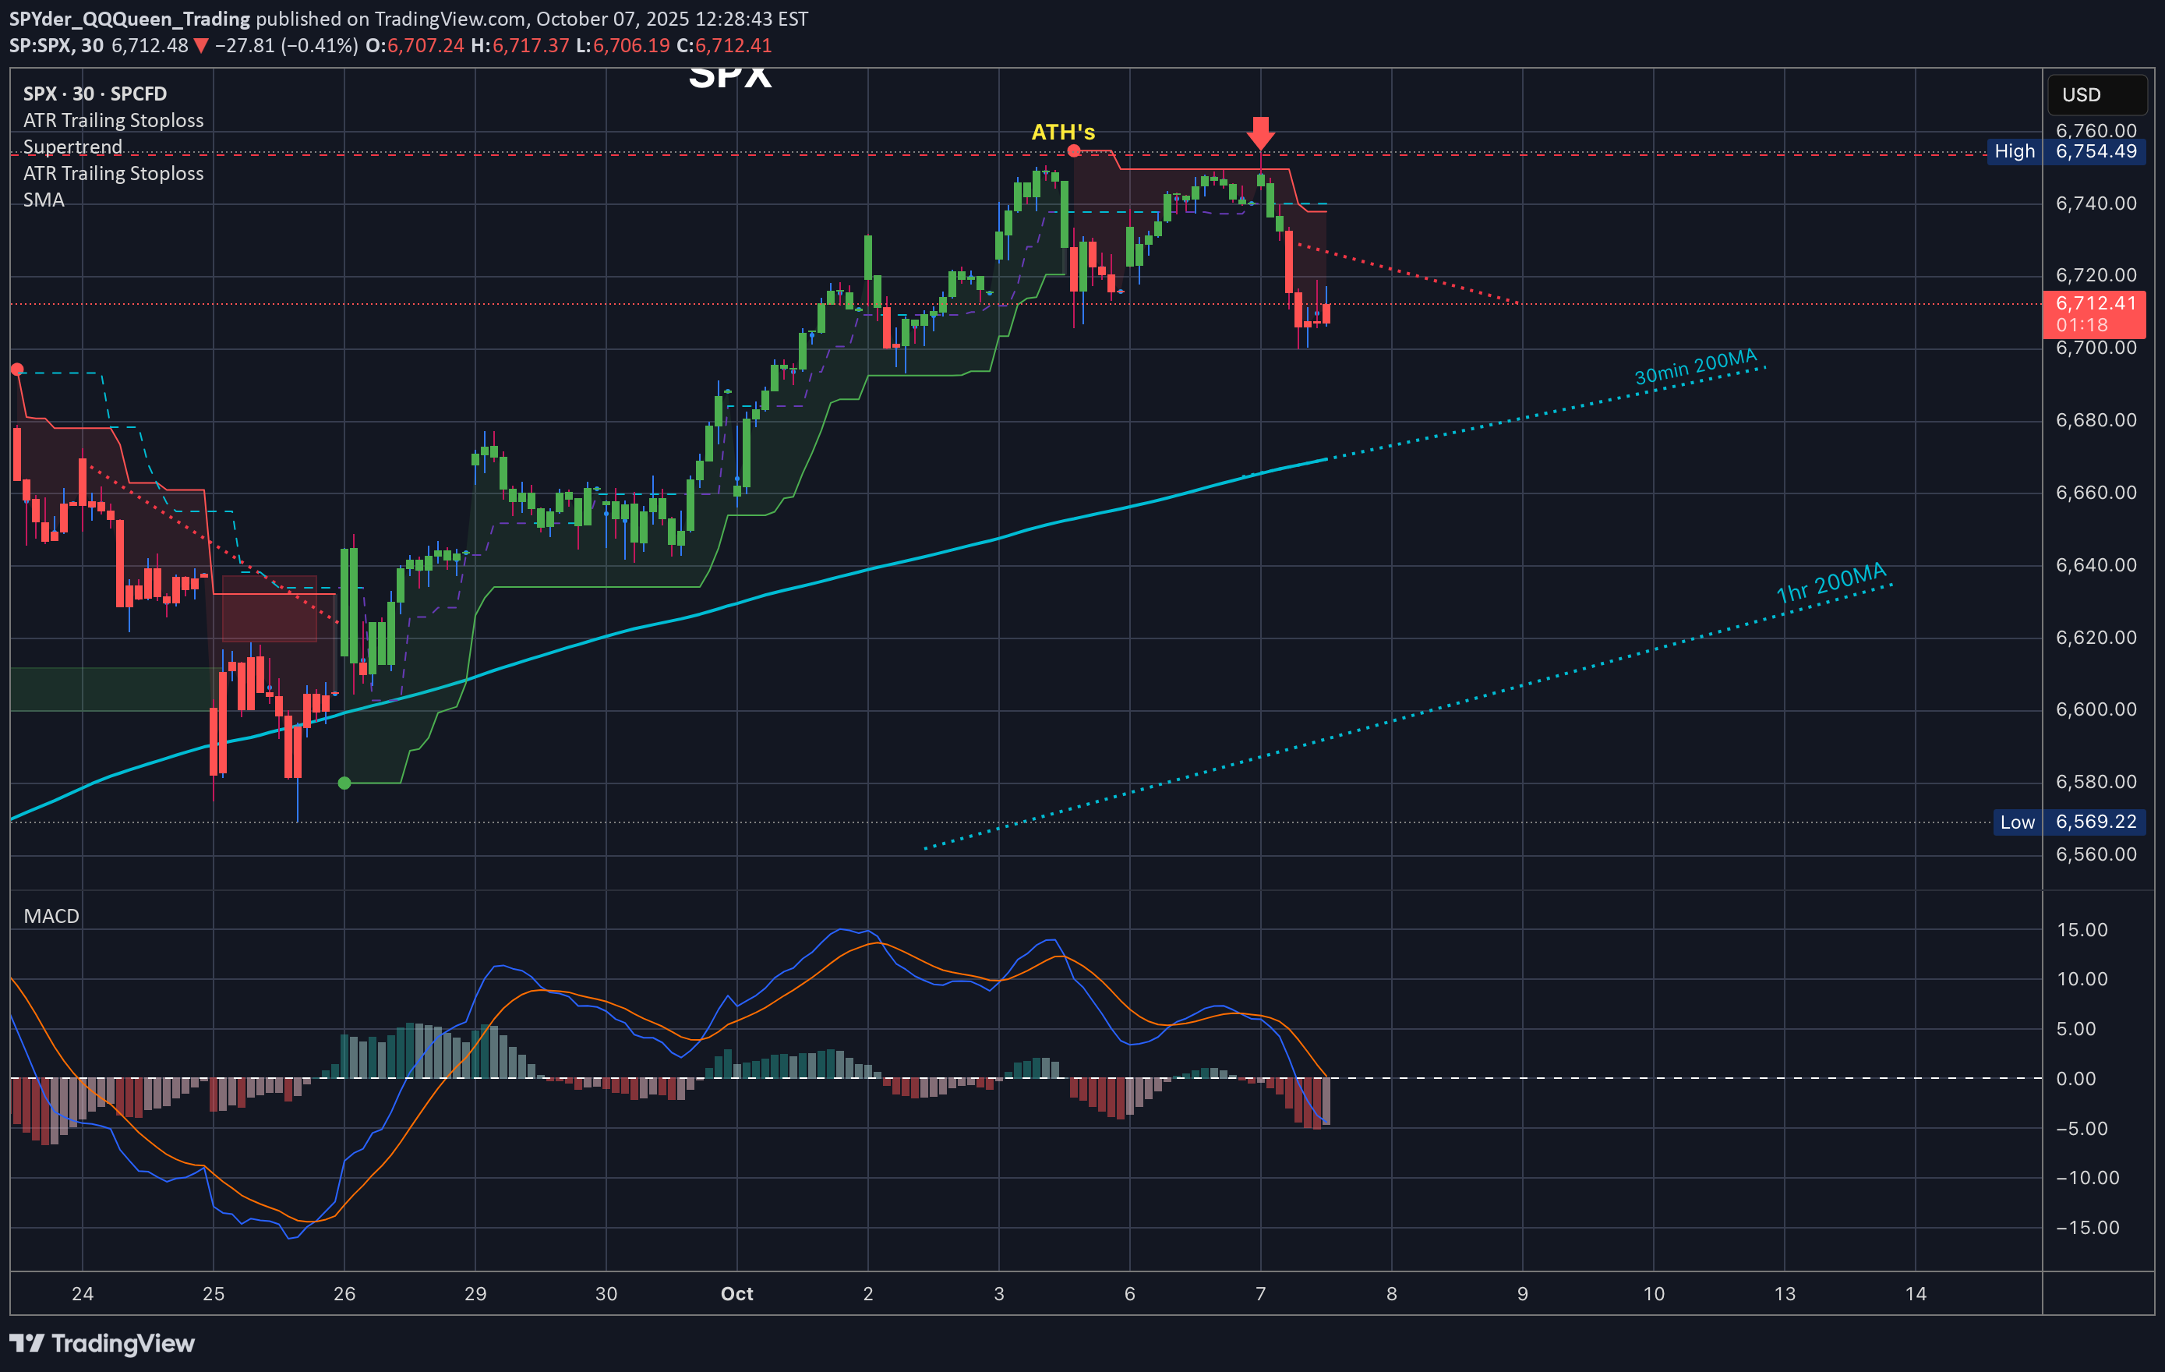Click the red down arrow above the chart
(1260, 133)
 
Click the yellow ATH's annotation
(1063, 133)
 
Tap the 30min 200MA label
(1695, 367)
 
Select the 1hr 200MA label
(1831, 582)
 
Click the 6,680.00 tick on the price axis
(2096, 420)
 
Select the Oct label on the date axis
(736, 1294)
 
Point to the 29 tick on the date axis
(475, 1294)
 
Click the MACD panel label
(51, 916)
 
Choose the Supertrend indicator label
(72, 147)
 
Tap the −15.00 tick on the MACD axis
(2087, 1227)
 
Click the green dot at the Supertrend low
(344, 783)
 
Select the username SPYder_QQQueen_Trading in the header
(129, 19)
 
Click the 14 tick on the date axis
(1915, 1294)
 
